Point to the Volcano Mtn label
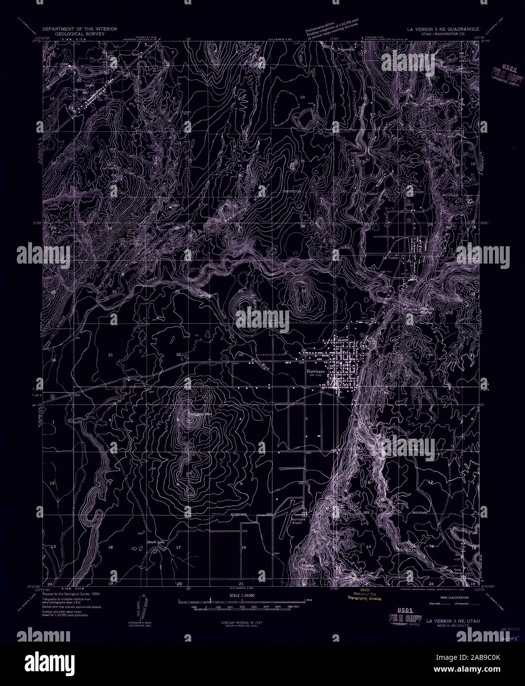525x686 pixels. (x=196, y=414)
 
